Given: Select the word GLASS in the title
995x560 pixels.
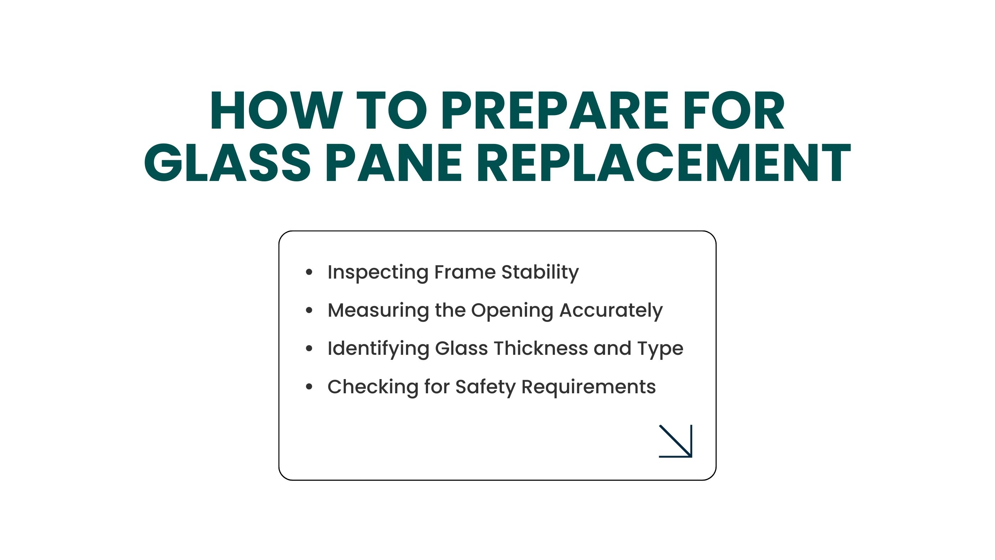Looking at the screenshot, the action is pos(227,162).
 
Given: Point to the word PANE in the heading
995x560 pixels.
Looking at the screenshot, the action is pos(394,162).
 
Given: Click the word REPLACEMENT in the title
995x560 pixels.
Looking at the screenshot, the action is pos(664,162).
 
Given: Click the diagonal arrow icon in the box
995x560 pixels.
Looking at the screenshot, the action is pos(676,441).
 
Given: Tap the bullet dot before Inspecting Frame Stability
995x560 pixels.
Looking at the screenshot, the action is pos(309,272).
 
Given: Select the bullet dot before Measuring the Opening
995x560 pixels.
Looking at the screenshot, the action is pos(309,310).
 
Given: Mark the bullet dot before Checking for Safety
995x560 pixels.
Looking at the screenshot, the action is pos(309,387).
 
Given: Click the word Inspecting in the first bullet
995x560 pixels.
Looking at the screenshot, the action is pos(378,273).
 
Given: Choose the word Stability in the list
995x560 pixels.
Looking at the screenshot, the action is pos(540,273).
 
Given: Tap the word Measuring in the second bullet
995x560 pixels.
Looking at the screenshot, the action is pos(378,311).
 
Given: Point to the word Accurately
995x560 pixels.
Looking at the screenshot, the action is pos(611,311).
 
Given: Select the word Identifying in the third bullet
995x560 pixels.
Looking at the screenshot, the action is pos(378,349).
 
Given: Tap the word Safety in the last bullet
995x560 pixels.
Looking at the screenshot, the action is pos(485,387).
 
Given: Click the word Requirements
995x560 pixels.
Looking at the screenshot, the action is pos(588,387).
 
